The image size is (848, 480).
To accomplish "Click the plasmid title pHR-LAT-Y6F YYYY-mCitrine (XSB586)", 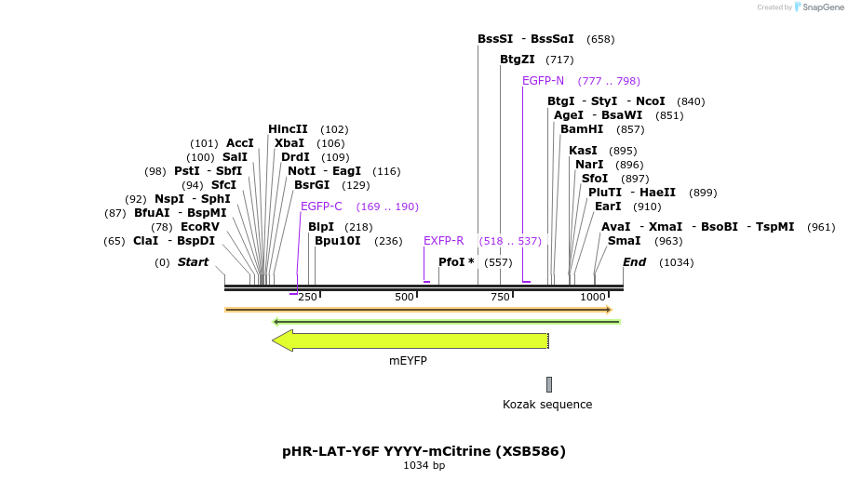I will [x=424, y=451].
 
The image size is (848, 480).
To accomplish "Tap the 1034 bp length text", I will [x=424, y=465].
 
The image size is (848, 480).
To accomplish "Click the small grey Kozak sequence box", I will [x=549, y=384].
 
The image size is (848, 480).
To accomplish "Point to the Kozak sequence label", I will [x=547, y=405].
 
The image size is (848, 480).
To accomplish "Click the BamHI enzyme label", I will [x=582, y=129].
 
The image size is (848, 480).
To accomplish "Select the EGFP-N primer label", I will [x=543, y=81].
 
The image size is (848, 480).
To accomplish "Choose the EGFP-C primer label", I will [x=321, y=207].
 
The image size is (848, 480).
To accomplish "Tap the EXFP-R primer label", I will [x=443, y=241].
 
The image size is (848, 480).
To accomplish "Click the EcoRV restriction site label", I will [x=199, y=227].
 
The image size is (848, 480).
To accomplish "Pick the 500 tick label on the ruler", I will [x=404, y=297].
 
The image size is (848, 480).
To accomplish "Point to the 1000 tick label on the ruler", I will [x=593, y=297].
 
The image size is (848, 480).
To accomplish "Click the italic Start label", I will [x=193, y=262].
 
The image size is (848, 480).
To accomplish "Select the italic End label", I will [x=634, y=262].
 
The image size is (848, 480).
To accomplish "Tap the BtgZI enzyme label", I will [x=517, y=60].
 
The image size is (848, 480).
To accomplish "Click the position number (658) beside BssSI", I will [x=600, y=39].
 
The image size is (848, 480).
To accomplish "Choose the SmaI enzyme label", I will [x=624, y=241].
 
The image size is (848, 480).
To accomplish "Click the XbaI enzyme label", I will [x=289, y=143].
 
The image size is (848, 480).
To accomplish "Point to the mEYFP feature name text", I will [x=408, y=361].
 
